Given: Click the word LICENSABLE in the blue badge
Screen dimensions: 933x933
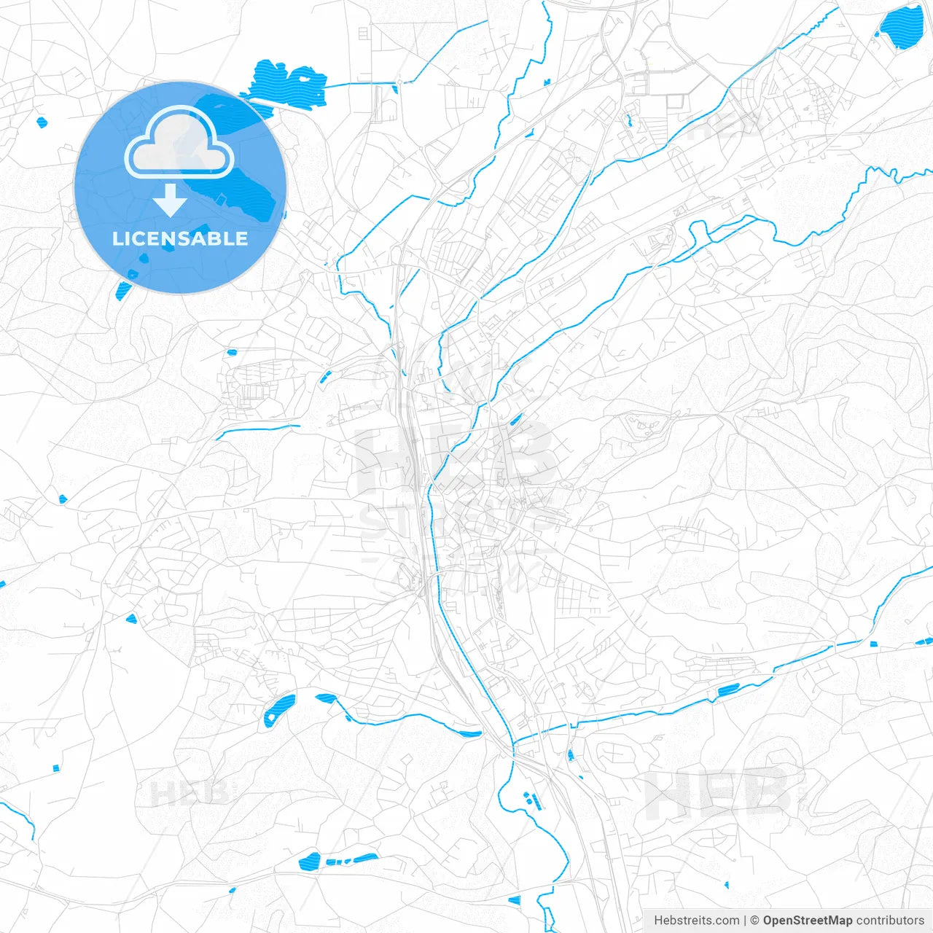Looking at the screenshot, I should point(180,238).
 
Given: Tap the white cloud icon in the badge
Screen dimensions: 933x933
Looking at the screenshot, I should point(179,144).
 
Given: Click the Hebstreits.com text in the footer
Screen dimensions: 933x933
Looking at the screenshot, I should point(696,921).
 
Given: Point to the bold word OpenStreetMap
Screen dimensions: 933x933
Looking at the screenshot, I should point(807,921).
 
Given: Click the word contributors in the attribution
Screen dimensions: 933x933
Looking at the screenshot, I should point(890,921).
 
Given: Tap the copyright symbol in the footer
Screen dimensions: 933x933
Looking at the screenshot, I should point(754,921).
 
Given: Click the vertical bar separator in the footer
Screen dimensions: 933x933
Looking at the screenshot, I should point(744,921).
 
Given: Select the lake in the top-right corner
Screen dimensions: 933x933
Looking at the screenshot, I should point(901,27).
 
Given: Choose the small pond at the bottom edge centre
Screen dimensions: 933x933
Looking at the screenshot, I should point(514,900).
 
